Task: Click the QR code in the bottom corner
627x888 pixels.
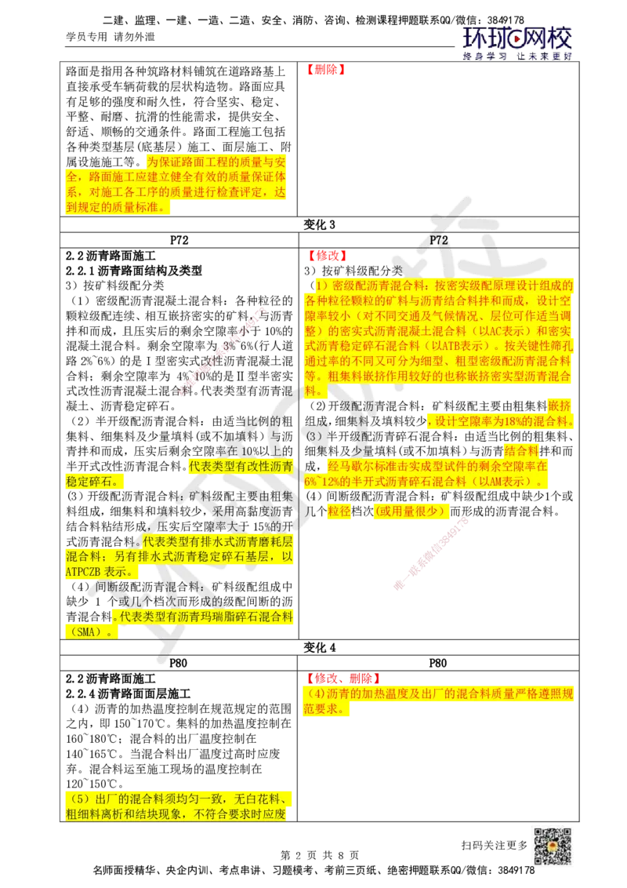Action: click(553, 847)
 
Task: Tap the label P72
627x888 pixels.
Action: click(439, 241)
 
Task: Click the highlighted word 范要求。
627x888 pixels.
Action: click(326, 710)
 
